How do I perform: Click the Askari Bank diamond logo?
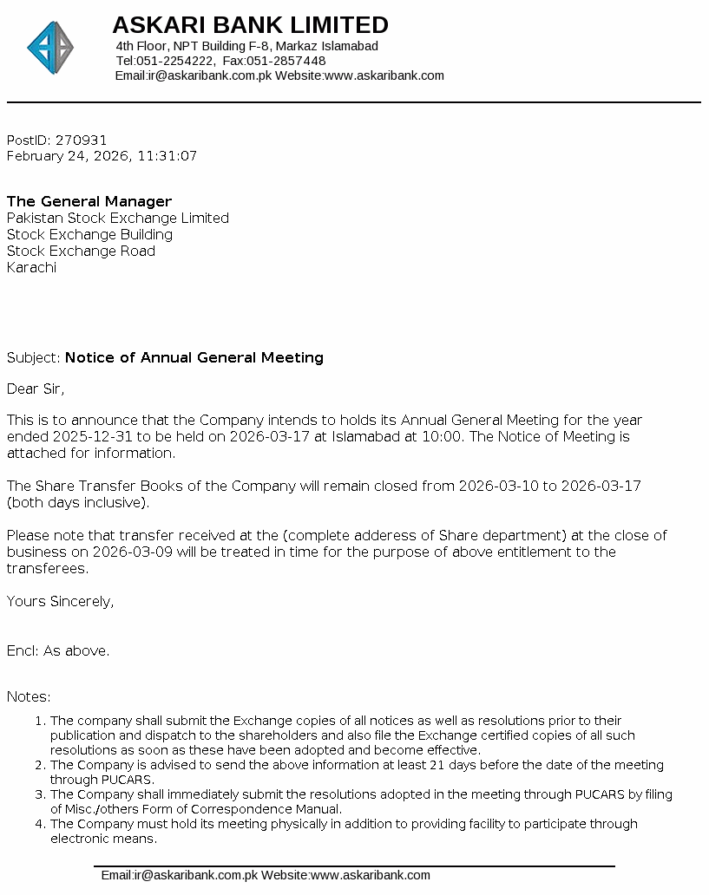(x=50, y=48)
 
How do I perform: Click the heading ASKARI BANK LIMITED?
(x=250, y=24)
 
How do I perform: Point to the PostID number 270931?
(x=82, y=140)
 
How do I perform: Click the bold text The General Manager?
(x=89, y=201)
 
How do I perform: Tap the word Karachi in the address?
(x=31, y=267)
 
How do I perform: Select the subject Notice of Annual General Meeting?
(x=194, y=357)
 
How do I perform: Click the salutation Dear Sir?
(x=36, y=388)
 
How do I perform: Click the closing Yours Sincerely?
(x=60, y=601)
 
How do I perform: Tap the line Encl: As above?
(x=58, y=650)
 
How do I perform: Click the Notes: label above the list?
(x=29, y=696)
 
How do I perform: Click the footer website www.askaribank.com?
(x=371, y=875)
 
